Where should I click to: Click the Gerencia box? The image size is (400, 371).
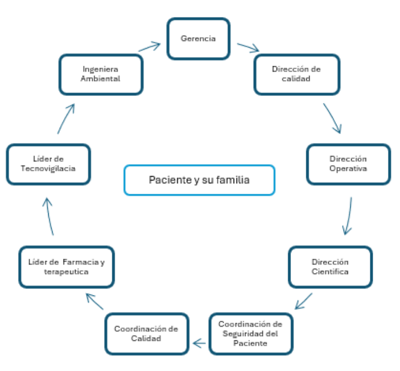[x=198, y=39]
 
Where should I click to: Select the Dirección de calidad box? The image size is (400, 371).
[x=296, y=74]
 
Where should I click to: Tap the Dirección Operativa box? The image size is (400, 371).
[x=348, y=164]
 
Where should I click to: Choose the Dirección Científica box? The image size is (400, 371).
[x=330, y=266]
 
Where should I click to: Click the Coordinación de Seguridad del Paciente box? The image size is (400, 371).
[x=250, y=334]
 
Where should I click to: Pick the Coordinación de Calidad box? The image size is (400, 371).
[x=146, y=333]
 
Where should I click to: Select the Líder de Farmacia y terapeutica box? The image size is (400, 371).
[x=66, y=266]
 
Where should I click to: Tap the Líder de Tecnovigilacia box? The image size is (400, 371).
[x=48, y=164]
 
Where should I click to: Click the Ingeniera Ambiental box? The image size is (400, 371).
[x=101, y=74]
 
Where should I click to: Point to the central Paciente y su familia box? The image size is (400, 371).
[x=199, y=179]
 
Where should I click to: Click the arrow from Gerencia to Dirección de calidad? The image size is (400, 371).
[x=248, y=48]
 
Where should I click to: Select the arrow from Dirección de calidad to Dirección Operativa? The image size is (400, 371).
[x=332, y=118]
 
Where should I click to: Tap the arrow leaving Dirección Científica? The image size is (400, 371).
[x=304, y=301]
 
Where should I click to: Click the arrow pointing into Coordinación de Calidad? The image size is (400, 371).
[x=199, y=344]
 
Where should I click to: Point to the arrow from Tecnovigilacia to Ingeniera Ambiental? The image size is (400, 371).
[x=65, y=118]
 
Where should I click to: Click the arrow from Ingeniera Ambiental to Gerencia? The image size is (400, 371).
[x=149, y=47]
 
